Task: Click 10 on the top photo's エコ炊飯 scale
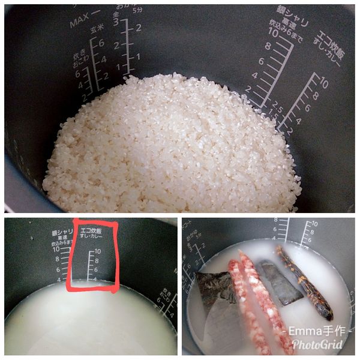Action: [323, 83]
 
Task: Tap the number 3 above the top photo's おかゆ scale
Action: [116, 22]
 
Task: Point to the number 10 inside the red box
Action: [97, 251]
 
